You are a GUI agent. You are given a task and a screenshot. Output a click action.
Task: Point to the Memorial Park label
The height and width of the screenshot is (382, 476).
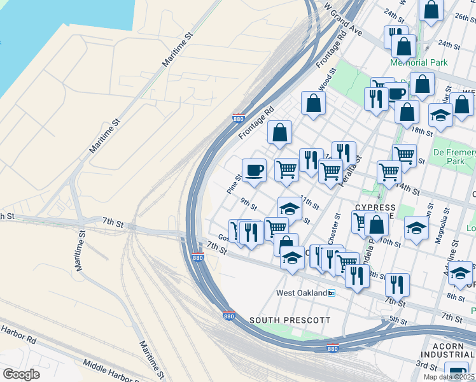coord(419,63)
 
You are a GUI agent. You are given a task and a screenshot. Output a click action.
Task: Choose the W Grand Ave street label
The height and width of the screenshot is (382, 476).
coord(342,22)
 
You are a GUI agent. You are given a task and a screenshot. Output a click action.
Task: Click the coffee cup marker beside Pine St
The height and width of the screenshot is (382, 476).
coord(254,171)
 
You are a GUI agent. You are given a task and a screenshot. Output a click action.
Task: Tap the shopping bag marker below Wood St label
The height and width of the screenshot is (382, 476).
coord(313,104)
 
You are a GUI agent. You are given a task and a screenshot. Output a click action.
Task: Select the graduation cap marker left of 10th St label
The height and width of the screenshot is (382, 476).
coord(416,227)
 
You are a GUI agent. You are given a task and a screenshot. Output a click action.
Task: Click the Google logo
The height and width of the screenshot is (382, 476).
coord(22,374)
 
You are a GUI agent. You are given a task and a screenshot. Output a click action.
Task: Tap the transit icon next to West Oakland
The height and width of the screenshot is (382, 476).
coord(331,293)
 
